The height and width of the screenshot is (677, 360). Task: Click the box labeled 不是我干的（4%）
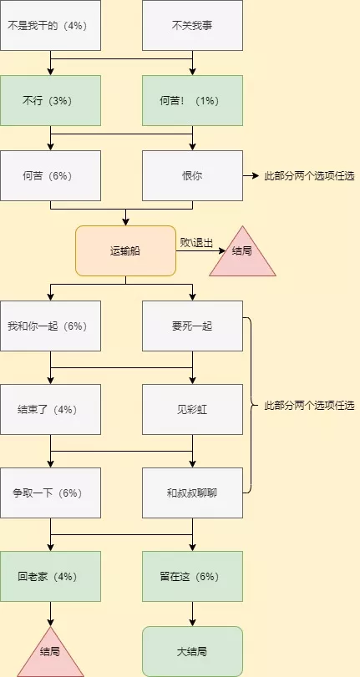point(51,26)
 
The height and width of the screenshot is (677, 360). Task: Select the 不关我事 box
point(192,26)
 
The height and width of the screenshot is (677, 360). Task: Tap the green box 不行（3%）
point(51,101)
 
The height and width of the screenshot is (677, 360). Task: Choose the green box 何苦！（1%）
point(192,101)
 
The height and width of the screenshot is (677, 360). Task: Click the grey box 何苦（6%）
point(51,176)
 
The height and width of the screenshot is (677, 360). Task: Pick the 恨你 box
point(192,176)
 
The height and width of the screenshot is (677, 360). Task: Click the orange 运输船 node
point(126,251)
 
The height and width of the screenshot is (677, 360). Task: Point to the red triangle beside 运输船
point(242,255)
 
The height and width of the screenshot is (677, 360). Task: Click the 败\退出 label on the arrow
point(196,243)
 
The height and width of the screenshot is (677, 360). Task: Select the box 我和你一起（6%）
point(51,326)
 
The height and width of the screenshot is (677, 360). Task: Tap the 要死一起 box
point(192,326)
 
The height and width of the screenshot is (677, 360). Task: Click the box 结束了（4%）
point(51,409)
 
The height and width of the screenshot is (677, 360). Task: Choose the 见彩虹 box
point(192,409)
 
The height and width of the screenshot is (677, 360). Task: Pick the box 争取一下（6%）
point(51,493)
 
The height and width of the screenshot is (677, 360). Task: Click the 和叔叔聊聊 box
point(192,493)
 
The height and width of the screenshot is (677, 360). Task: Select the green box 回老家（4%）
point(51,576)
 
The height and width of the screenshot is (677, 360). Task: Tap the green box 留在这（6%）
point(192,576)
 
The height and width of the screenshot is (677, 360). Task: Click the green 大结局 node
point(192,651)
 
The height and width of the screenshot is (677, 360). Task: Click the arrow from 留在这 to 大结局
point(192,614)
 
